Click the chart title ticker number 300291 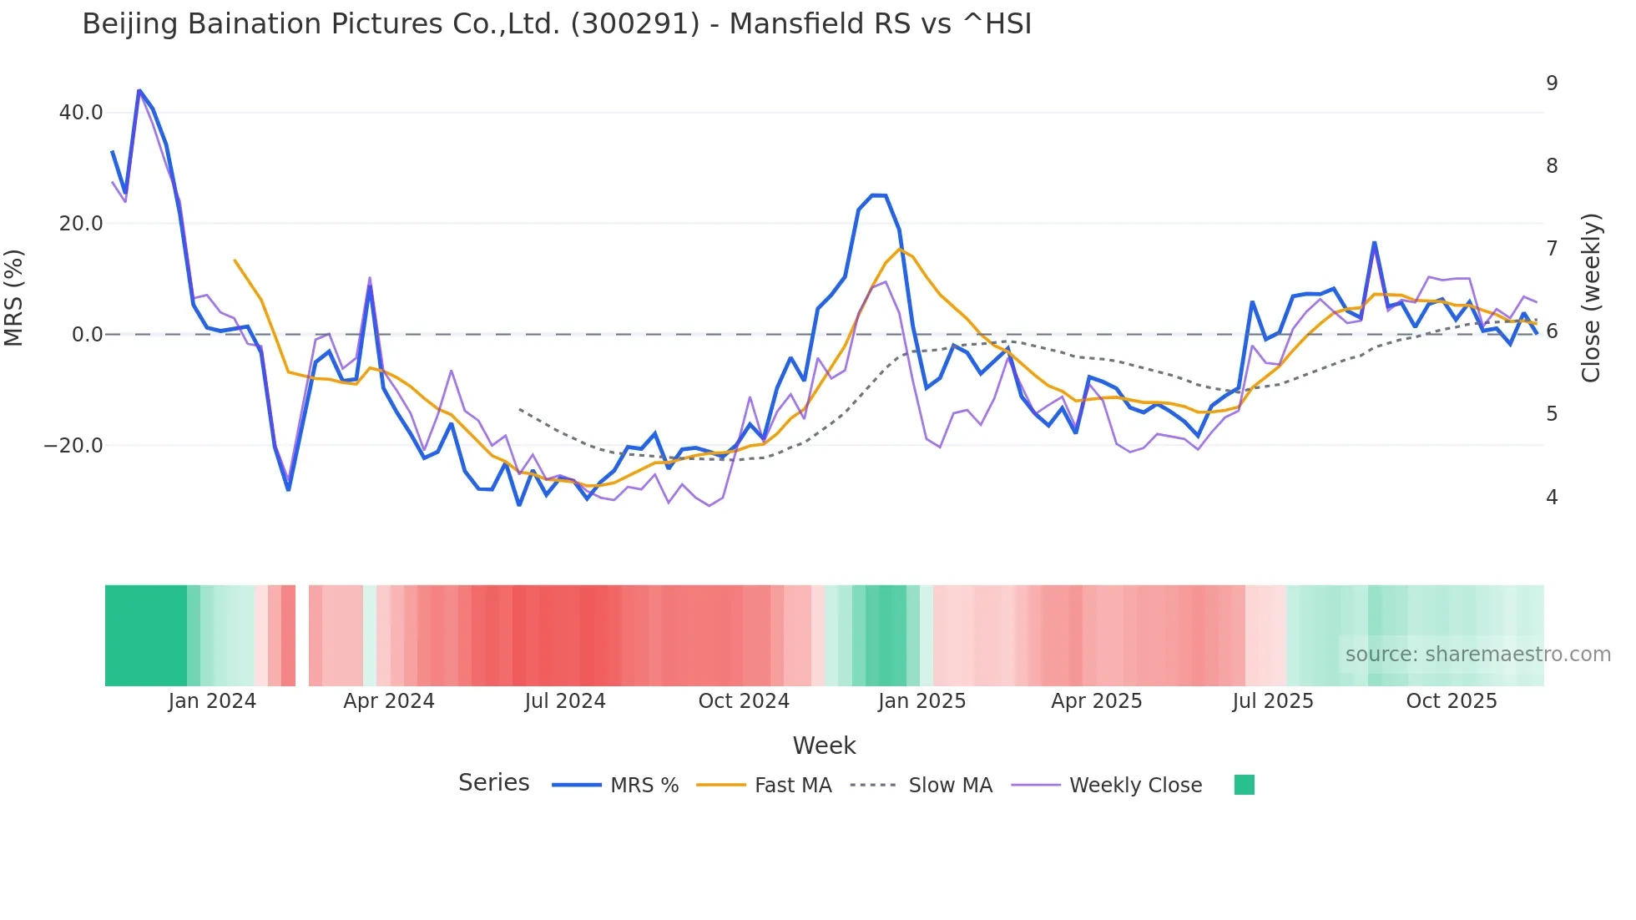click(x=635, y=24)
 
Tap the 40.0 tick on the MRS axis click(x=81, y=113)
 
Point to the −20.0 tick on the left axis click(x=73, y=446)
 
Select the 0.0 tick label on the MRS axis click(x=87, y=335)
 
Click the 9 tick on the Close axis click(x=1552, y=83)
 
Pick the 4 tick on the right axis click(x=1552, y=498)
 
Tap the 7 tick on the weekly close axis click(x=1552, y=249)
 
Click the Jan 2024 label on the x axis click(x=212, y=701)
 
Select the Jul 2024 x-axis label click(x=565, y=701)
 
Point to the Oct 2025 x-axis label click(x=1452, y=701)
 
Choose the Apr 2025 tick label click(x=1097, y=701)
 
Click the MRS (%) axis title click(x=14, y=298)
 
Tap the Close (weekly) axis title click(x=1591, y=298)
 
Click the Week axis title click(x=824, y=746)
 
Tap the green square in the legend click(x=1245, y=785)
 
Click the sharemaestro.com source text click(x=1477, y=655)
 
